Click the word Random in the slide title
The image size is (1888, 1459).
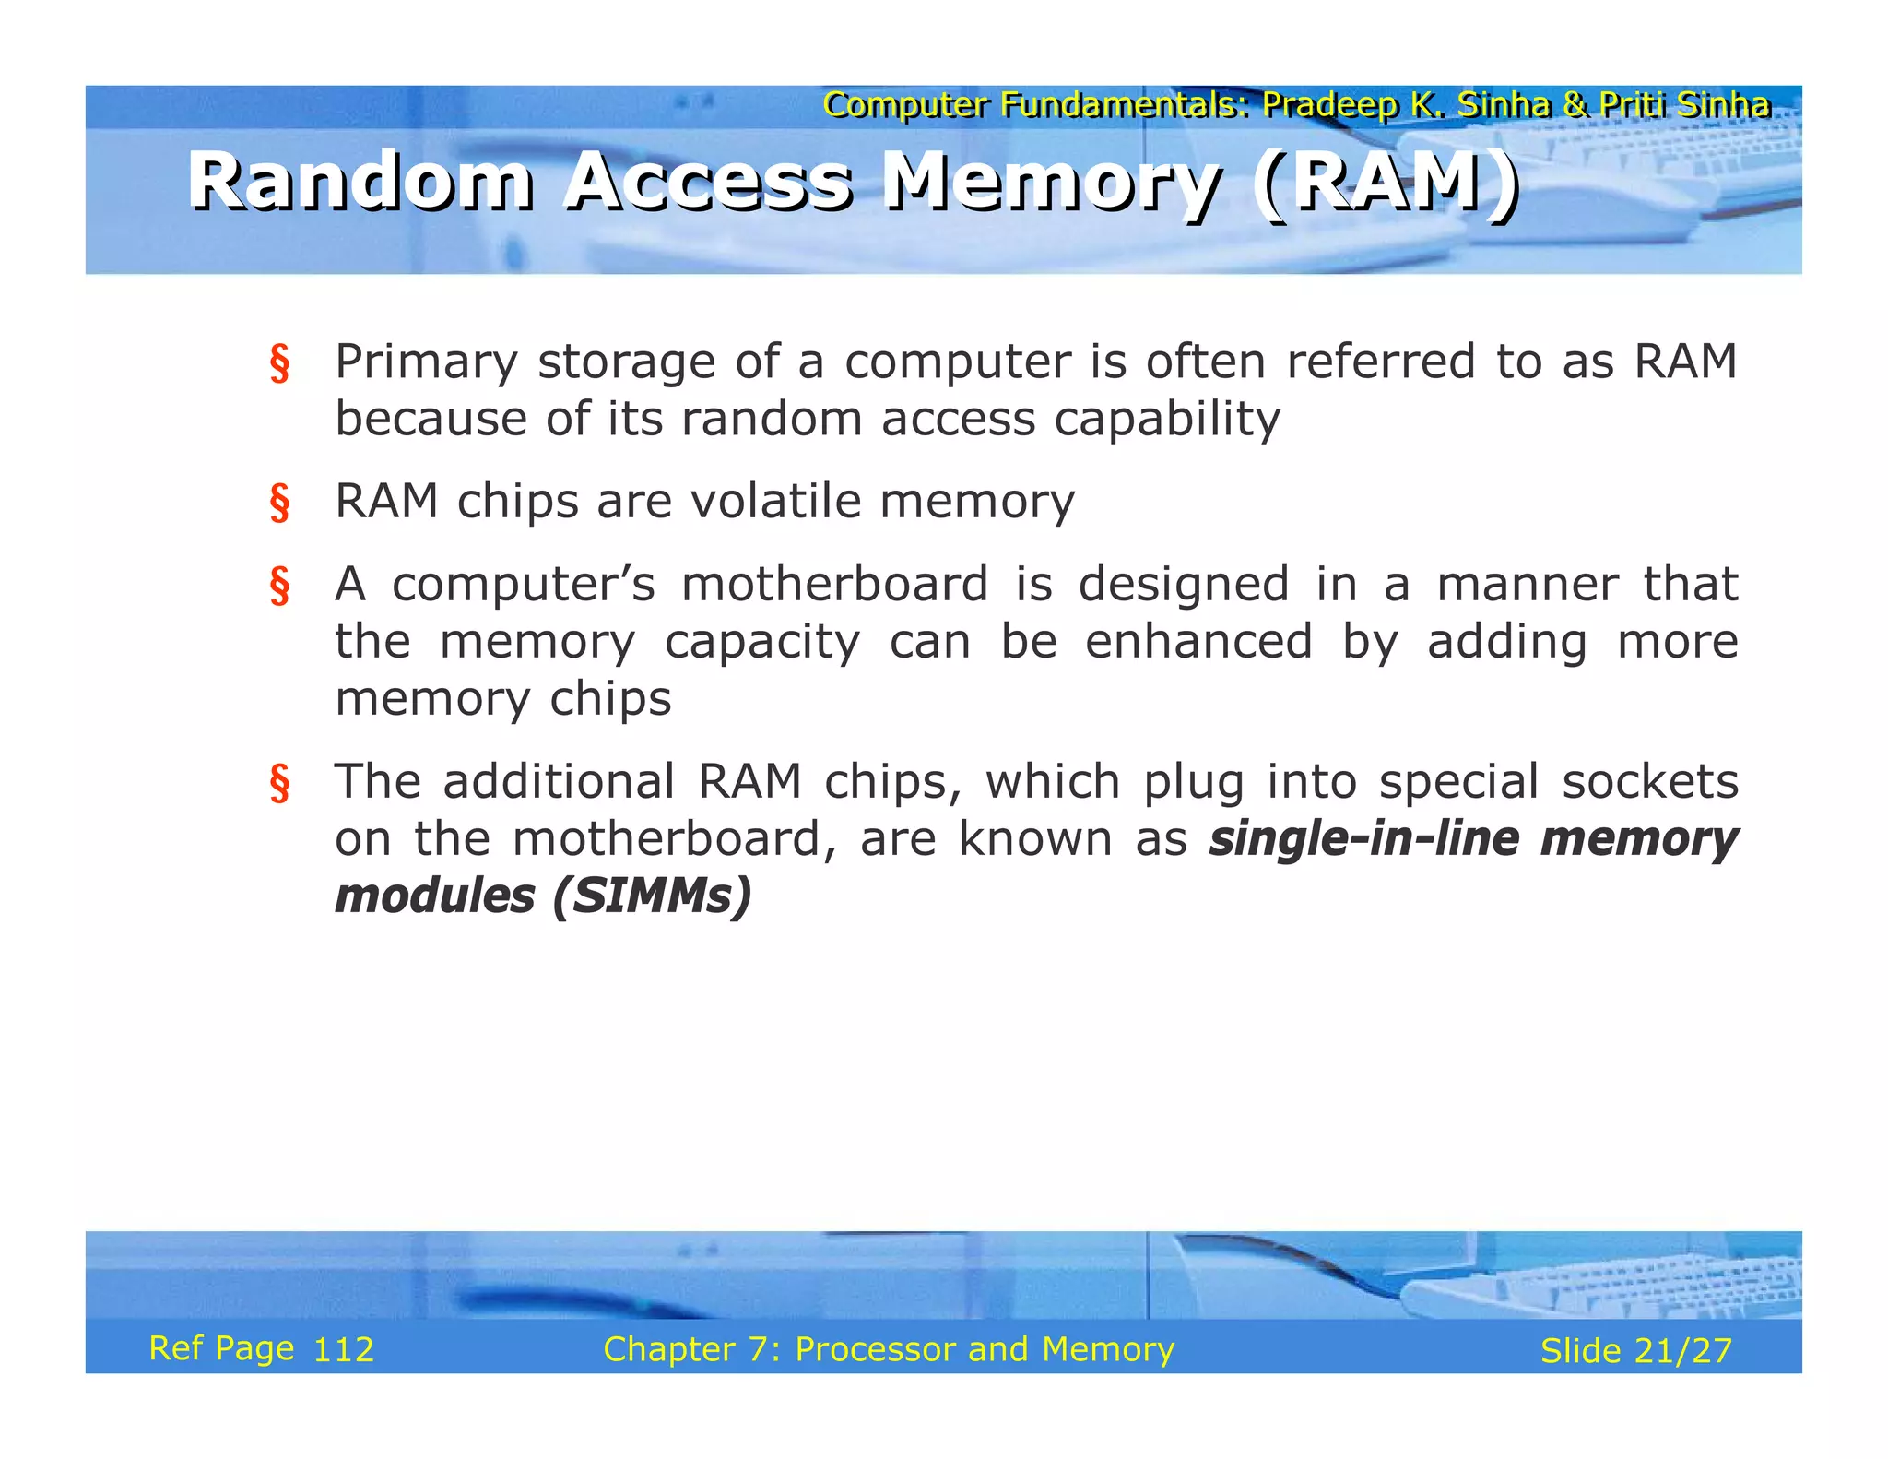(x=360, y=181)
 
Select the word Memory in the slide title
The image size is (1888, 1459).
(x=1051, y=183)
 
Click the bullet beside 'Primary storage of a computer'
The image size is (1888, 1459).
(x=279, y=363)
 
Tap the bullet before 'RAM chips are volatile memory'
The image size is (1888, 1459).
(x=279, y=504)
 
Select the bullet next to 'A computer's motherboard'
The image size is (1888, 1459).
(x=279, y=587)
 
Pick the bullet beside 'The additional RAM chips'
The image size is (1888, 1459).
(x=279, y=784)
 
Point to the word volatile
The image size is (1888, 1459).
(x=776, y=503)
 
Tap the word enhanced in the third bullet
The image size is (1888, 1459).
(x=1198, y=642)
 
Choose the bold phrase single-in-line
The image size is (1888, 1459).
(x=1364, y=839)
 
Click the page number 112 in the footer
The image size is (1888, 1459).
(x=343, y=1350)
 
